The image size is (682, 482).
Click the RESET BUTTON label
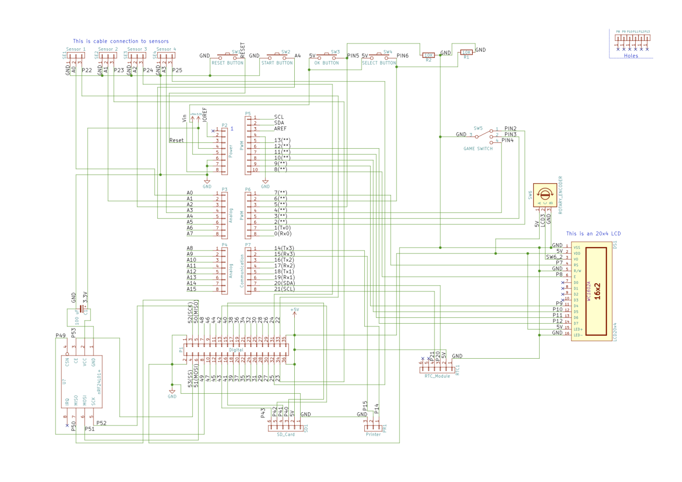point(227,63)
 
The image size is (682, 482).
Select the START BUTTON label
point(277,63)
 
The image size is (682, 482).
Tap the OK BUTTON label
point(327,63)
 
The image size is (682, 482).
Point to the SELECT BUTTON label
point(379,63)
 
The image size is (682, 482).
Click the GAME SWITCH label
point(478,149)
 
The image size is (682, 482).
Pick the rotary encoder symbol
point(545,195)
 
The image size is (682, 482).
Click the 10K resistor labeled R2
point(428,55)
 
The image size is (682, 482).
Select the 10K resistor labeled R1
point(466,52)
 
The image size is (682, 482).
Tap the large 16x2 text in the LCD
point(597,291)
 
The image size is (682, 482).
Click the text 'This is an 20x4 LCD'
point(593,234)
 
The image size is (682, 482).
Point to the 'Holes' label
point(631,56)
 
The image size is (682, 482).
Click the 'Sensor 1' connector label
point(76,49)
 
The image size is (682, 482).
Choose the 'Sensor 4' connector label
point(166,49)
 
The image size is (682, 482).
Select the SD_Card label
point(286,435)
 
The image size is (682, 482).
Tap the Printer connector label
point(374,435)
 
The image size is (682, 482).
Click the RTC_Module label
point(437,376)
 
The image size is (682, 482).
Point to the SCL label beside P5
point(279,117)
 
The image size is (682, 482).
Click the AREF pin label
point(280,129)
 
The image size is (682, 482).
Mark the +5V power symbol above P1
point(295,310)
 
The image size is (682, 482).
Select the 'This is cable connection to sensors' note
point(121,41)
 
